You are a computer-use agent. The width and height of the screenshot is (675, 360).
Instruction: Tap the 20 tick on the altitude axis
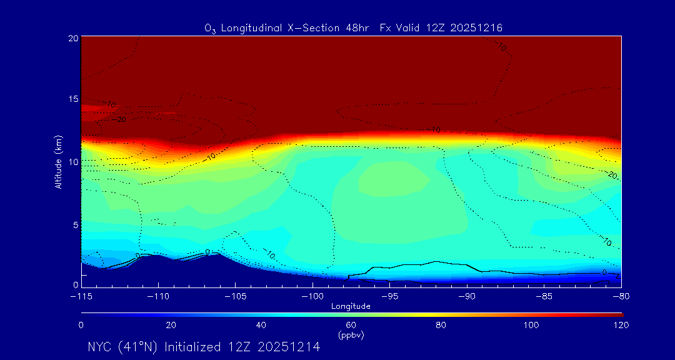point(72,38)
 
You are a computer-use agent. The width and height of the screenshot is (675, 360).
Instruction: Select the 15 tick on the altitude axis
point(72,99)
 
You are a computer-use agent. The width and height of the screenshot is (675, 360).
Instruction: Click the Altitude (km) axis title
point(58,161)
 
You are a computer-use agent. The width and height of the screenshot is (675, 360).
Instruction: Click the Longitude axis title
point(351,306)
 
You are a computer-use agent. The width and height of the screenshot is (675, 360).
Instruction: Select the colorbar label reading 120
point(621,325)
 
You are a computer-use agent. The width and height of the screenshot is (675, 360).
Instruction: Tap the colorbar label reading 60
point(351,325)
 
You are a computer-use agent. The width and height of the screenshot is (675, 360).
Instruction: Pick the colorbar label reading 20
point(171,325)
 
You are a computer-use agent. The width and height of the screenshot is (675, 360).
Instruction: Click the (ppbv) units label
point(351,335)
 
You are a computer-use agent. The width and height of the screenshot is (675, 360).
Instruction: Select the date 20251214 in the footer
point(291,347)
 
